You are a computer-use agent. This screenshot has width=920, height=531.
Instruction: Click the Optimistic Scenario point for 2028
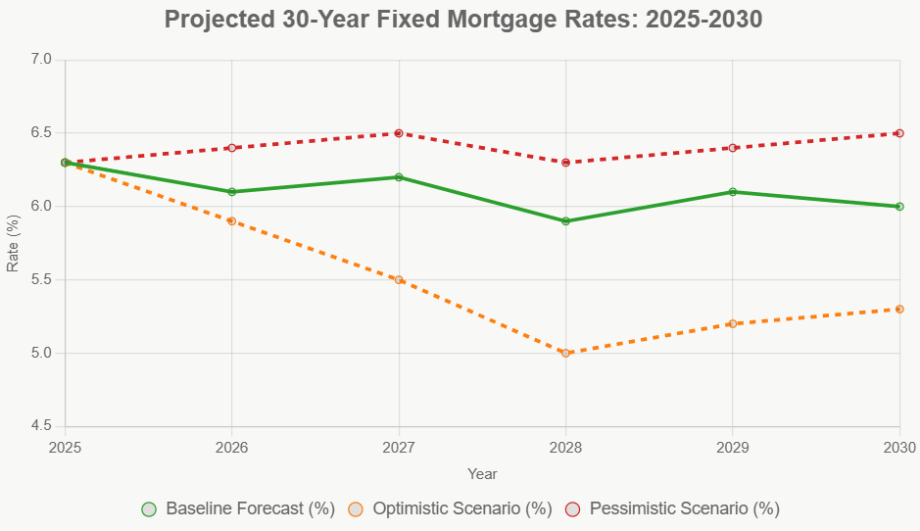565,353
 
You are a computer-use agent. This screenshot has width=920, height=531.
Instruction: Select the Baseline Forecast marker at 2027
399,177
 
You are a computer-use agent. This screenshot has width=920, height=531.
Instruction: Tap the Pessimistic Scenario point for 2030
899,133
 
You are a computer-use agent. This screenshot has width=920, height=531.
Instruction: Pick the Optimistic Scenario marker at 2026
232,221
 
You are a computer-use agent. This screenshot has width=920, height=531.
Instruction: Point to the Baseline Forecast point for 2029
733,192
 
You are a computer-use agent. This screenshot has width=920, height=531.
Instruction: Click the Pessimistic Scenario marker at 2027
399,133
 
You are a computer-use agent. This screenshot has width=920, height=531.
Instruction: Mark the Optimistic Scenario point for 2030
899,310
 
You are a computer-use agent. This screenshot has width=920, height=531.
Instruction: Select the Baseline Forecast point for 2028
565,221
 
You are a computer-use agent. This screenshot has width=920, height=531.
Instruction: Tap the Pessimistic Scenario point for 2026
232,148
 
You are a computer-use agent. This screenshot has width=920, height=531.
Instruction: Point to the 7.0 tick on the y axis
39,60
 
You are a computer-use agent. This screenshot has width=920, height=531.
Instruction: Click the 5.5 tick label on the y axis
39,280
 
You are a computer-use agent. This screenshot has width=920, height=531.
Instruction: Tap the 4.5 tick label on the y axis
39,426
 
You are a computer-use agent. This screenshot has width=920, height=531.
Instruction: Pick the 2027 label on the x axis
399,447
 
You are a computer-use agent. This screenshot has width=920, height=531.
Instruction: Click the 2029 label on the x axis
733,447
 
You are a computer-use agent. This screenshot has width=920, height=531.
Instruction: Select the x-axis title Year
482,474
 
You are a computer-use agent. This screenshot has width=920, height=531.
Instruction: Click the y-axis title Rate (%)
13,243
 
